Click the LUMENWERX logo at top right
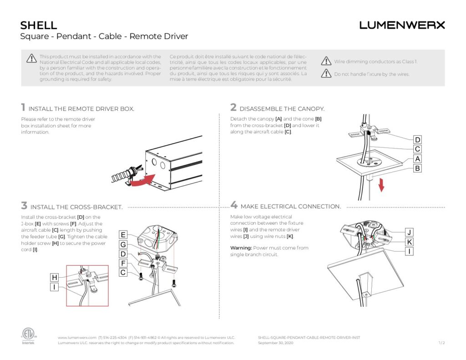[x=402, y=25]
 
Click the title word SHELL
[x=39, y=25]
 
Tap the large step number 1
[x=23, y=107]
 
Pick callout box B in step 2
[x=417, y=168]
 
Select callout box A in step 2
[x=417, y=159]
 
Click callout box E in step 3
[x=123, y=235]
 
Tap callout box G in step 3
[x=123, y=244]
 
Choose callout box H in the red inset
[x=55, y=278]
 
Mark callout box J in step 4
[x=409, y=233]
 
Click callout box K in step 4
[x=409, y=242]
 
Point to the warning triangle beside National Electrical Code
[x=31, y=58]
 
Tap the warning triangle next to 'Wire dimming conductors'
[x=326, y=61]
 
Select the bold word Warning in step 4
[x=241, y=248]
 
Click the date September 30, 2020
[x=275, y=343]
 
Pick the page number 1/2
[x=441, y=343]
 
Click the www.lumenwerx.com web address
[x=77, y=337]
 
